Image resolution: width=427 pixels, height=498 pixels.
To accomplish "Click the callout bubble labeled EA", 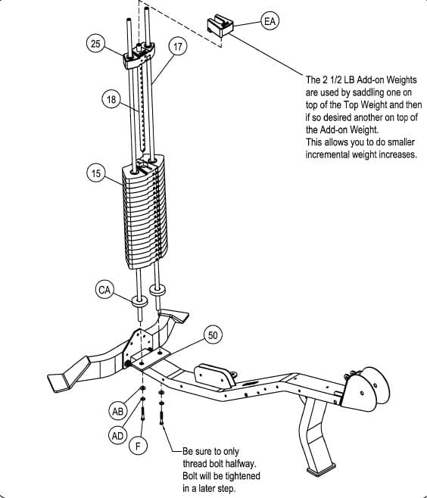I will [270, 21].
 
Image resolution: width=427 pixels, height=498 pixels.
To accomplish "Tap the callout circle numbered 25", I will [96, 45].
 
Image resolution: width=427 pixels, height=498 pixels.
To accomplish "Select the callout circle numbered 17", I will [177, 47].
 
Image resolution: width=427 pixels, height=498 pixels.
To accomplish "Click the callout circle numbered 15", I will [96, 173].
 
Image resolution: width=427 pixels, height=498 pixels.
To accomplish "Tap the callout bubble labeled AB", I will [117, 412].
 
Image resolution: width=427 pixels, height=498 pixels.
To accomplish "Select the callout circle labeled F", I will [138, 446].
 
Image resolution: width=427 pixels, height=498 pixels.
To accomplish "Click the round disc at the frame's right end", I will [369, 389].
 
